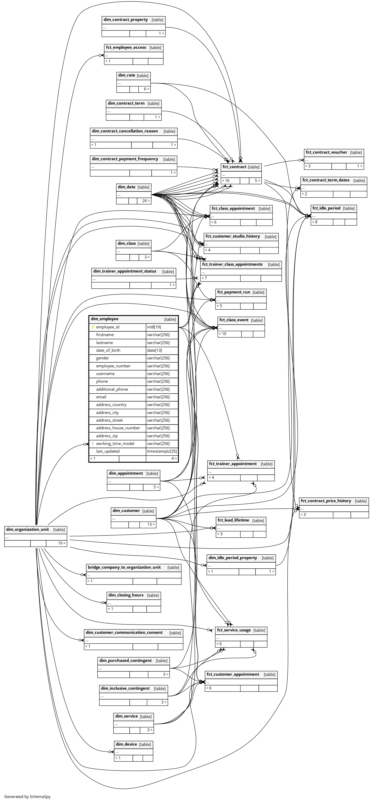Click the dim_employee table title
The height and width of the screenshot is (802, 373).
point(105,319)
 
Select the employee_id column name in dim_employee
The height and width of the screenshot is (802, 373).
point(108,327)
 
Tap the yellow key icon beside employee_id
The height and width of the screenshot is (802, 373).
point(93,327)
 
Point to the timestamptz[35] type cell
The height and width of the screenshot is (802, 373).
point(162,451)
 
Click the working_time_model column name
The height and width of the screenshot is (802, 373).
point(115,443)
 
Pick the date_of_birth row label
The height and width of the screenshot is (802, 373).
point(108,350)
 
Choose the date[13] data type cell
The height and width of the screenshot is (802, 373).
point(155,350)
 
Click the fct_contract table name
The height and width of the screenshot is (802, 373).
point(234,167)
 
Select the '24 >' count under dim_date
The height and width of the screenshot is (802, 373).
point(146,201)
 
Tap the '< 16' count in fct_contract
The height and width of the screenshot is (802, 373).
point(226,181)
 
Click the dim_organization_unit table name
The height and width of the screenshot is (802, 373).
point(27,529)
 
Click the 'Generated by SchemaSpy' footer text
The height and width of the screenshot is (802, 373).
point(27,796)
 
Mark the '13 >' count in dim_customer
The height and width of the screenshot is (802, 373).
point(151,524)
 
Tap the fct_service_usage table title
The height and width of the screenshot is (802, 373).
point(234,630)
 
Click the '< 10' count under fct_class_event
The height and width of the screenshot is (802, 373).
point(222,333)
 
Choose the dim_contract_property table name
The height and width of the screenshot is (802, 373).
point(126,20)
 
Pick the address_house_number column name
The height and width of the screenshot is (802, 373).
point(118,428)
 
